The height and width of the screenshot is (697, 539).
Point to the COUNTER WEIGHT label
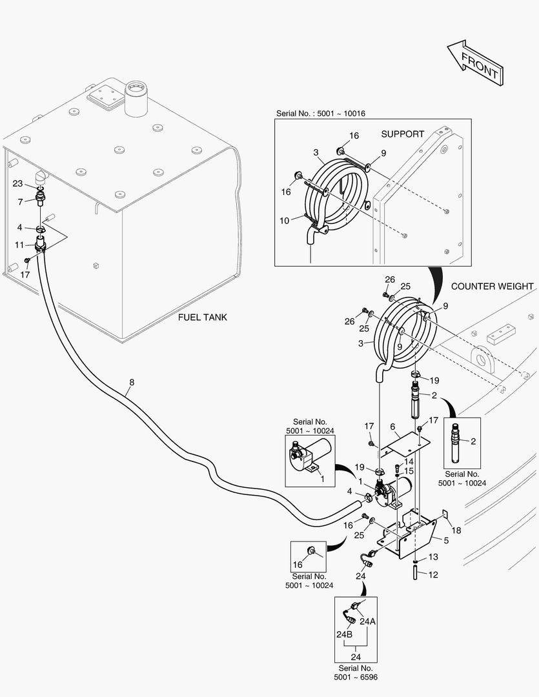click(x=492, y=286)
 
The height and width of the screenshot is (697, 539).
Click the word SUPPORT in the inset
click(x=402, y=134)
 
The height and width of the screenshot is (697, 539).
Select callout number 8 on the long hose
click(x=132, y=382)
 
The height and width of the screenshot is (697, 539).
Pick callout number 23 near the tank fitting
click(x=18, y=183)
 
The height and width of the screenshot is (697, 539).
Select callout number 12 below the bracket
click(x=433, y=574)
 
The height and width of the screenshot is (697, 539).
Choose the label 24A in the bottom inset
click(x=367, y=621)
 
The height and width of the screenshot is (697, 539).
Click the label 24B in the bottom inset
click(x=343, y=634)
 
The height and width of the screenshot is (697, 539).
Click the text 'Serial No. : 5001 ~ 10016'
click(x=321, y=114)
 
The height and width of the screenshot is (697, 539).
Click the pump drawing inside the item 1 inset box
click(x=310, y=454)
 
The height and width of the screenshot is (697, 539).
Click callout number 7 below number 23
click(x=20, y=202)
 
